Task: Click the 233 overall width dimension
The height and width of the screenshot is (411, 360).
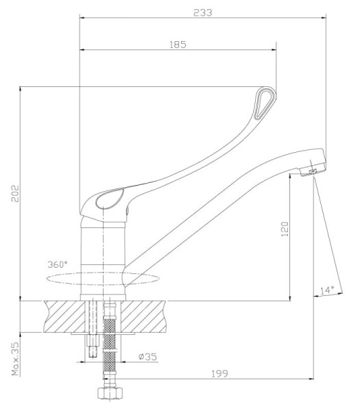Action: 202,12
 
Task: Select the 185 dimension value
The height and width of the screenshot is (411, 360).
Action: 178,45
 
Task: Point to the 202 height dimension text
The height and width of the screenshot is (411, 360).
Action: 15,193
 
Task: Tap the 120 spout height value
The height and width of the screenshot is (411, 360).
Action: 285,229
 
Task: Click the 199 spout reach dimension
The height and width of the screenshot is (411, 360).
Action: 220,373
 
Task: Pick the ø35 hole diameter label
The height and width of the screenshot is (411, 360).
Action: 147,356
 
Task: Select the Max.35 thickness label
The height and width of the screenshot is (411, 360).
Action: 16,358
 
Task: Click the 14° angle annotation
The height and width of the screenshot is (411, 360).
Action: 327,290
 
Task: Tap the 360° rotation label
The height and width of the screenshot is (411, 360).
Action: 58,264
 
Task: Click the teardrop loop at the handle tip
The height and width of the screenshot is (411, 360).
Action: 265,103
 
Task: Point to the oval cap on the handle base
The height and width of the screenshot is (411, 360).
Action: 110,199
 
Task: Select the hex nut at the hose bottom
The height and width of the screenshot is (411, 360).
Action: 110,393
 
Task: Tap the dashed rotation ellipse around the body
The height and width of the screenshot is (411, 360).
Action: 103,279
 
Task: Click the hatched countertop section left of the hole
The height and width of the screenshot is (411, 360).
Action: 65,316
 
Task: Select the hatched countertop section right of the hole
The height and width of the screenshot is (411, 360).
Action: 144,316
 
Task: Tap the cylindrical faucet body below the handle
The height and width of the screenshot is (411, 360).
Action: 103,258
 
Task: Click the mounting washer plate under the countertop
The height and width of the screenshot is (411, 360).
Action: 103,334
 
